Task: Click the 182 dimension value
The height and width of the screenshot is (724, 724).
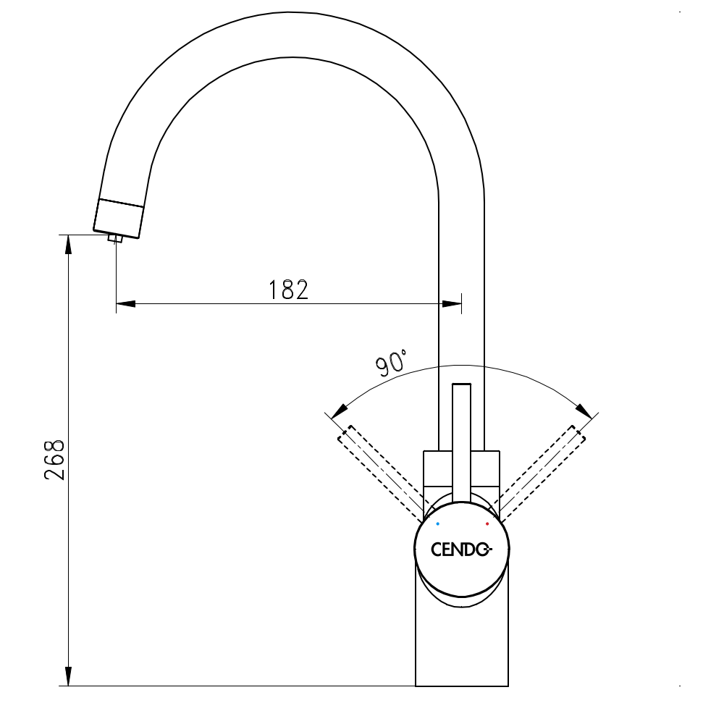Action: click(288, 290)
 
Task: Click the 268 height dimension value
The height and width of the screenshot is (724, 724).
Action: click(56, 459)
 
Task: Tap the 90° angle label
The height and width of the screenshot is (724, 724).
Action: click(392, 362)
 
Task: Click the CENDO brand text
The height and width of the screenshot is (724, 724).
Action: click(461, 550)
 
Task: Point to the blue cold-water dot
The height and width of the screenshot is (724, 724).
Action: click(437, 523)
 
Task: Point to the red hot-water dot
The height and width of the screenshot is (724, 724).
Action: click(487, 523)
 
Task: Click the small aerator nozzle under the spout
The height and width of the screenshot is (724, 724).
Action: click(115, 237)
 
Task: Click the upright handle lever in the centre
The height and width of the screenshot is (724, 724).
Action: click(461, 442)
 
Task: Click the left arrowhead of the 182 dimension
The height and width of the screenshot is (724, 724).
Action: click(125, 303)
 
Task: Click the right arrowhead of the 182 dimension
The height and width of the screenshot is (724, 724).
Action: click(452, 303)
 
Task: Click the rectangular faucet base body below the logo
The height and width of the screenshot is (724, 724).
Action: click(461, 644)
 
